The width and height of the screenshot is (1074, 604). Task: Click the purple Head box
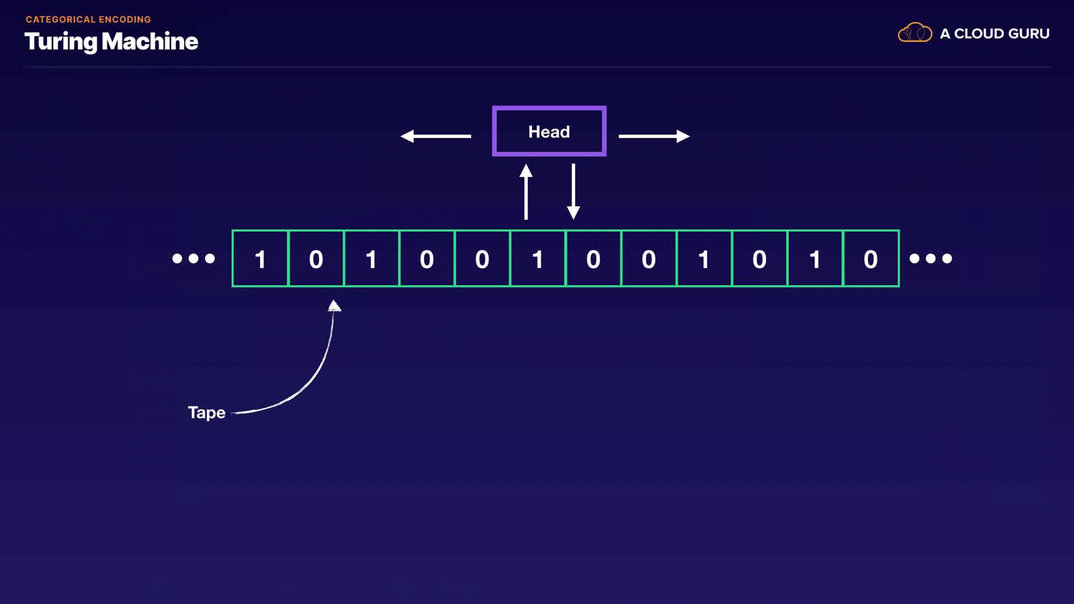[x=549, y=131]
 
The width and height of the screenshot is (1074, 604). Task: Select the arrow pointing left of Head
[x=436, y=136]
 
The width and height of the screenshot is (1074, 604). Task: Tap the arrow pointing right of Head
[x=654, y=136]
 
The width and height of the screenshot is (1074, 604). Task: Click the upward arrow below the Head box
[x=526, y=191]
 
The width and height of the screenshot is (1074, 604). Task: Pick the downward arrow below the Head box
[x=573, y=191]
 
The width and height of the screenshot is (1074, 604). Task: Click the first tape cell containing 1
[x=260, y=258]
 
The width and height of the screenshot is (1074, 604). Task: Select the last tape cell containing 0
[x=871, y=258]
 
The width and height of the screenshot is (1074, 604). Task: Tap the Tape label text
[x=206, y=413]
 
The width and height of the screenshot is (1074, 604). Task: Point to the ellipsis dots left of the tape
[x=194, y=258]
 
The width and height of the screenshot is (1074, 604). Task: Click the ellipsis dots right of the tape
[x=931, y=258]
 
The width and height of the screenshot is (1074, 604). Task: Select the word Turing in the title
[x=60, y=42]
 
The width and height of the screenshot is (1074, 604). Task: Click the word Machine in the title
[x=150, y=41]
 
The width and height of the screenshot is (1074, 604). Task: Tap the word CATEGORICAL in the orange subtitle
[x=60, y=20]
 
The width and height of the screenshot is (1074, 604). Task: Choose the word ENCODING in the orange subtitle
[x=125, y=20]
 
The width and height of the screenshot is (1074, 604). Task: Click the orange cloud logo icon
[x=915, y=32]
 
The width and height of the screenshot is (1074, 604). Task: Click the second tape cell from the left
[x=316, y=258]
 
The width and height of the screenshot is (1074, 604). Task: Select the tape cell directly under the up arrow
[x=538, y=258]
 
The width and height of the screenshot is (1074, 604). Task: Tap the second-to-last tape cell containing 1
[x=704, y=258]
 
